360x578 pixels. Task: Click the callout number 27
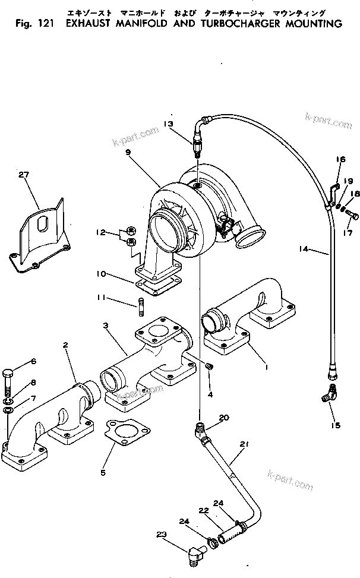coord(23,175)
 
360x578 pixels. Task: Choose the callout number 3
coord(105,326)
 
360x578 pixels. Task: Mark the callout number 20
coord(223,418)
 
